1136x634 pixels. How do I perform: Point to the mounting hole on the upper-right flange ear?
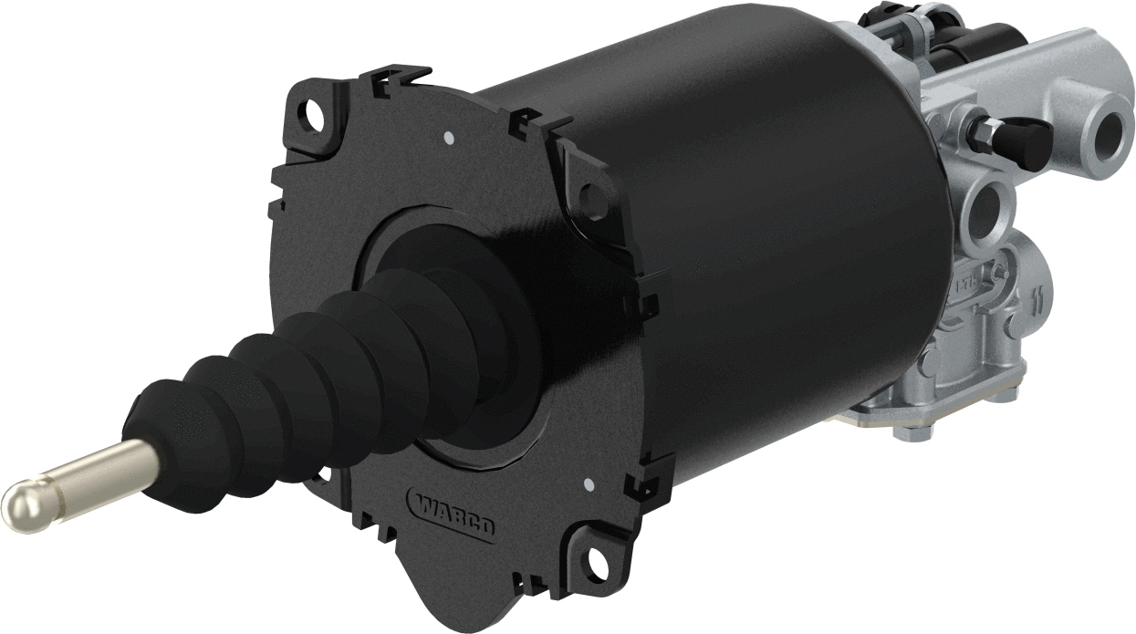pyautogui.click(x=589, y=192)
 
